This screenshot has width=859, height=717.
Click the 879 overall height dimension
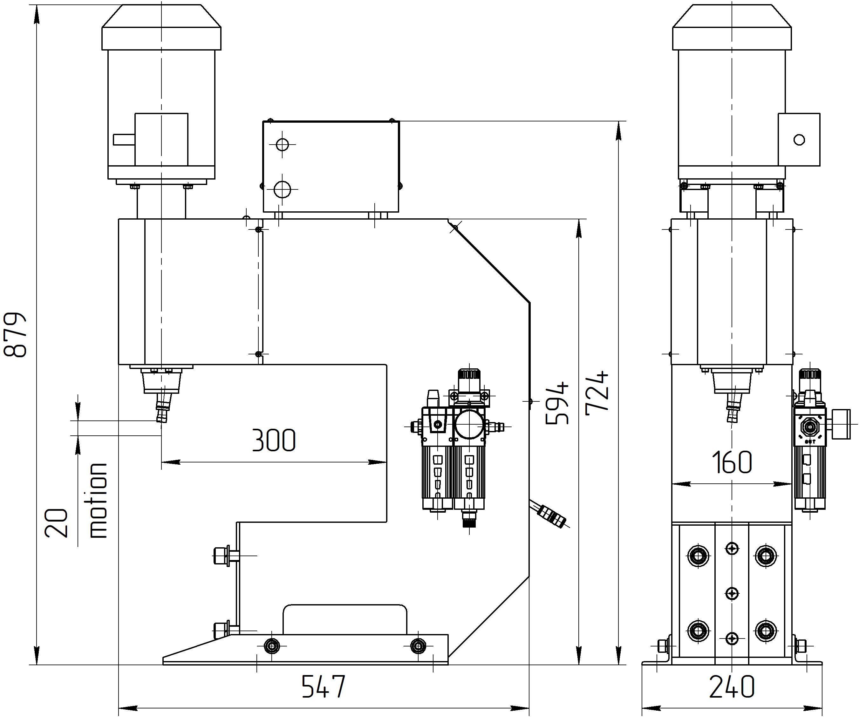click(x=16, y=335)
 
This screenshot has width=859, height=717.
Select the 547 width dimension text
click(x=323, y=686)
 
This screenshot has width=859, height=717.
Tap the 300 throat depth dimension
click(x=273, y=440)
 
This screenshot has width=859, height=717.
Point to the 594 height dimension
click(x=557, y=403)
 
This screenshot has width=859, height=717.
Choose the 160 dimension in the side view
click(x=731, y=462)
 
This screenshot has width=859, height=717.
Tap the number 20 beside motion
click(x=57, y=523)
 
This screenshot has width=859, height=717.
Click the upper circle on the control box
click(x=282, y=144)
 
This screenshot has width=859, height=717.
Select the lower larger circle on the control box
click(x=282, y=189)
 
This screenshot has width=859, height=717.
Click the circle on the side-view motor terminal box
click(x=799, y=140)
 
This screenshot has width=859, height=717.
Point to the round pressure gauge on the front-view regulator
click(x=470, y=425)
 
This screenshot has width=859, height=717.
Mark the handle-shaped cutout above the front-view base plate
click(x=344, y=619)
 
